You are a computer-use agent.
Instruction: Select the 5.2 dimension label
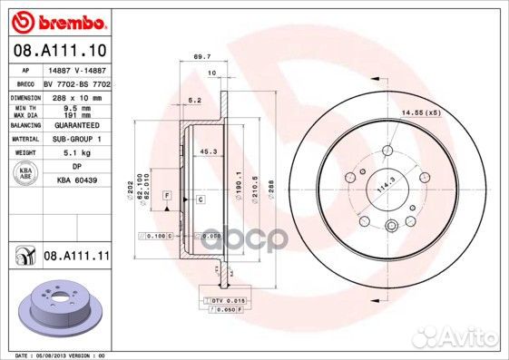193,101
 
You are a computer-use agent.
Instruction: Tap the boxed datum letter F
167,196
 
